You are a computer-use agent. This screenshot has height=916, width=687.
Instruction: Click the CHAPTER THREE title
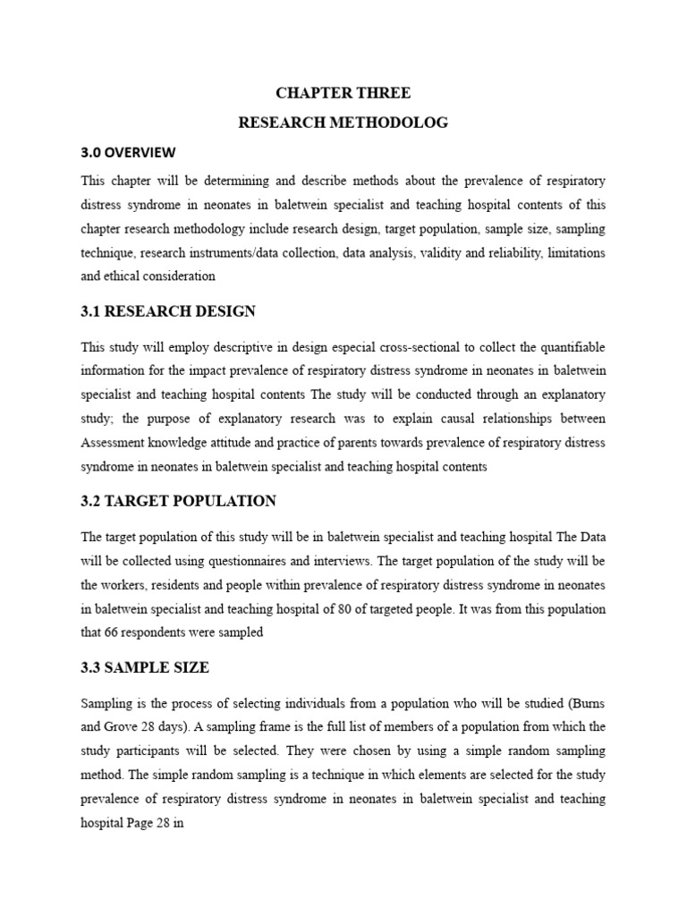[343, 93]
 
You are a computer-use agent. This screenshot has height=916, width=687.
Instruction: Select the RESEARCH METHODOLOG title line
[343, 123]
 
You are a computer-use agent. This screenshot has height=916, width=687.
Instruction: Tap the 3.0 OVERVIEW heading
[129, 151]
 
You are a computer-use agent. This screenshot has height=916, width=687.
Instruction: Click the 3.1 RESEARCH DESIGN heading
[168, 311]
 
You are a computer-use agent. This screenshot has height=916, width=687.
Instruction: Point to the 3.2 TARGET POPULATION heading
[178, 501]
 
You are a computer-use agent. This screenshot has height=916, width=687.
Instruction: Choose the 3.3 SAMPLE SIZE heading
[145, 667]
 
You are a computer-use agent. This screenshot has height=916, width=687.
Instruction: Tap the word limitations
[576, 253]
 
